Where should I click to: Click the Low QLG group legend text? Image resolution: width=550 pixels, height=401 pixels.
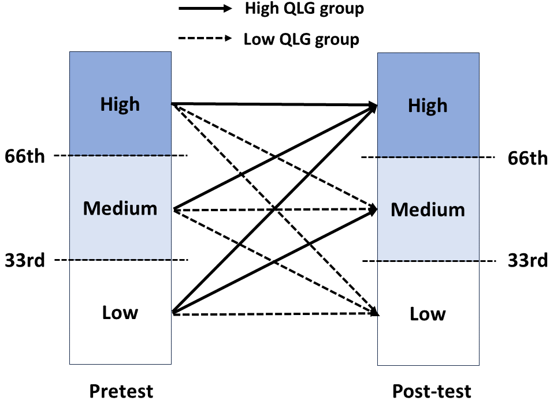pos(301,39)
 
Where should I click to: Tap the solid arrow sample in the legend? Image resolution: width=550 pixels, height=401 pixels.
pos(205,9)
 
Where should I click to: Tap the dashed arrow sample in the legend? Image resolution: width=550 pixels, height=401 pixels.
pos(205,40)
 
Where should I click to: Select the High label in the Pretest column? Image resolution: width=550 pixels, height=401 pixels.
pos(120,104)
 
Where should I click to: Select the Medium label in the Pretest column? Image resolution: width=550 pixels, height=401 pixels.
pos(120,208)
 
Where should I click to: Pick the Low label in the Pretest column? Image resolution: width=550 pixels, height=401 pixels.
pos(120,313)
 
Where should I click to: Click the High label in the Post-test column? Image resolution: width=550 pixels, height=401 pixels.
pos(428,106)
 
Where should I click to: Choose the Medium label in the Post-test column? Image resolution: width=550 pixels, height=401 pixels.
pos(428,209)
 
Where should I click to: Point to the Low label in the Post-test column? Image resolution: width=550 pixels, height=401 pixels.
pos(428,314)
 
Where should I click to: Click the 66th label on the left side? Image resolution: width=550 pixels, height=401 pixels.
pos(24,156)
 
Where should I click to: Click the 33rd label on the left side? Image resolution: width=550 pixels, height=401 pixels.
pos(24,260)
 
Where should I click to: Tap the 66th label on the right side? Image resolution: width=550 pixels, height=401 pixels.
pos(527,158)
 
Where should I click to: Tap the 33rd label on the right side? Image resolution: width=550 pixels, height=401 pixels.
pos(527,261)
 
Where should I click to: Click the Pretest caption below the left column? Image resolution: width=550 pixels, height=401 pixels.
pos(121,391)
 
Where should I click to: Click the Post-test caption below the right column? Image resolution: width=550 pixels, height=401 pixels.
pos(432,391)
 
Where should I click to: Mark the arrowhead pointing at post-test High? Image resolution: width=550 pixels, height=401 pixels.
pos(374,106)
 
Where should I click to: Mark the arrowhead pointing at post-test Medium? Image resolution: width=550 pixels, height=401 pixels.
pos(374,210)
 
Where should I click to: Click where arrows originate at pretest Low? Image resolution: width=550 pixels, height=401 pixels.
pos(173,313)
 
